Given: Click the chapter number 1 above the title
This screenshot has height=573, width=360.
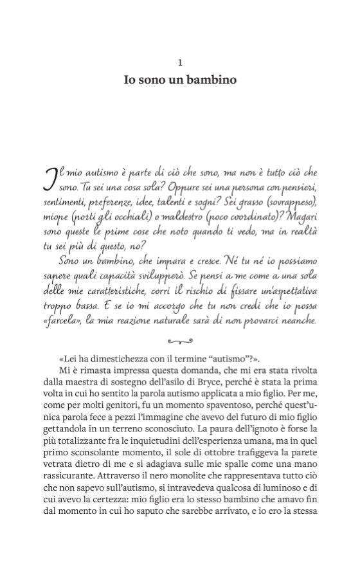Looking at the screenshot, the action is (x=180, y=62).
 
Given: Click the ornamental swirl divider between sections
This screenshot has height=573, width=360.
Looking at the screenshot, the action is (x=180, y=341).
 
